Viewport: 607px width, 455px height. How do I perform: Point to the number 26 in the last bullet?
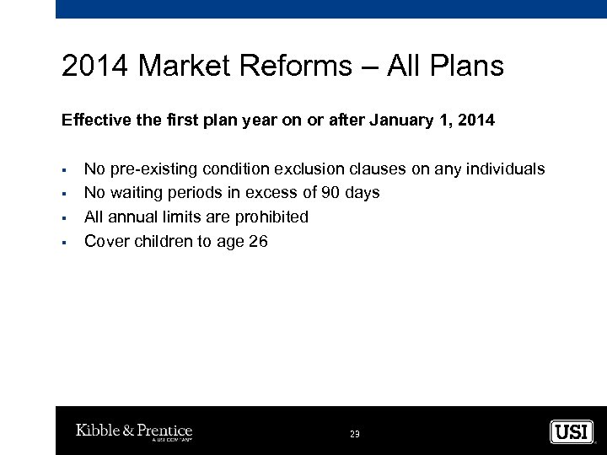[x=258, y=241]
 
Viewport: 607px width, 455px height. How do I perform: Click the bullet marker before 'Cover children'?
[x=64, y=241]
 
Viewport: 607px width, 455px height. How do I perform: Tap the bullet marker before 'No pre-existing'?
[x=64, y=169]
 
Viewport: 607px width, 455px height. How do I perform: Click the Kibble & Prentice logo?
[x=134, y=432]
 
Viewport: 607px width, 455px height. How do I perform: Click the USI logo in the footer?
[x=572, y=432]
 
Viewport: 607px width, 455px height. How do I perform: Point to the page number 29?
[x=354, y=434]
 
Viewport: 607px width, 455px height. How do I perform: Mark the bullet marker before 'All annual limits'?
[x=64, y=217]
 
